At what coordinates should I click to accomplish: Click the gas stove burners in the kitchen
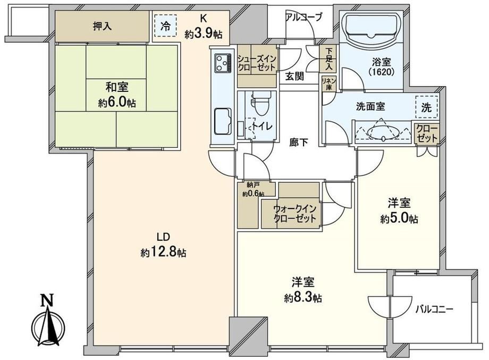223,63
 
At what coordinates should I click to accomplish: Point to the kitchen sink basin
223,121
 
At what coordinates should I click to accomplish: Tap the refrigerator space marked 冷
165,27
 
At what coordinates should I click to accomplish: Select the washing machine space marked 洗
426,107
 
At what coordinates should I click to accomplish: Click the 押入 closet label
102,26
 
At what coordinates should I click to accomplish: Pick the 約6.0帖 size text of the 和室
117,103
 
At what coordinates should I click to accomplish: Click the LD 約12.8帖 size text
163,246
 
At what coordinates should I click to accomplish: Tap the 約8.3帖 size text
303,298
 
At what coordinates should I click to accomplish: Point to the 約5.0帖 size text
399,219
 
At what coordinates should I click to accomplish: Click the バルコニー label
434,309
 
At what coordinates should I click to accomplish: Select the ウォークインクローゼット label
294,213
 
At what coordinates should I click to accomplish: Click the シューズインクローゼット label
257,63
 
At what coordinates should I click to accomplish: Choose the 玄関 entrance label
294,76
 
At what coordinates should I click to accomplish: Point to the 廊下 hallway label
299,143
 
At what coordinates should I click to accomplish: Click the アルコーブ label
303,18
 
